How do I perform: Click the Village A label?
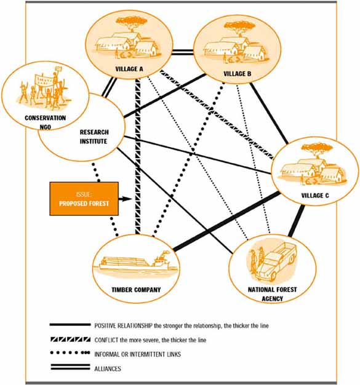129,69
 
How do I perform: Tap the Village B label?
238,74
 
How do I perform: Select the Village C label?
315,196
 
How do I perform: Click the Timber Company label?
136,290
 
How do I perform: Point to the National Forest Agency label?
272,294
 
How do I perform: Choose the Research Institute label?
94,137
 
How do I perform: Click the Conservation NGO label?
46,122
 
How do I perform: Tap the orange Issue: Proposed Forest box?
84,199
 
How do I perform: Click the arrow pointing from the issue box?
126,199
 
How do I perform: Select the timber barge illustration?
135,263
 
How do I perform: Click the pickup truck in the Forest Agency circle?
276,262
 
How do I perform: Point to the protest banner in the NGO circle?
44,80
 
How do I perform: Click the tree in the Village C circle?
317,149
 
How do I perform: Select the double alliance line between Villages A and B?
183,52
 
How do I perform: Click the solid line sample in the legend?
70,325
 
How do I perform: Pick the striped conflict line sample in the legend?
70,339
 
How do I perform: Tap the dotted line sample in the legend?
70,353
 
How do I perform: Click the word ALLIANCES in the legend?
108,368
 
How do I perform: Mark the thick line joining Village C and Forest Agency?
297,221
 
